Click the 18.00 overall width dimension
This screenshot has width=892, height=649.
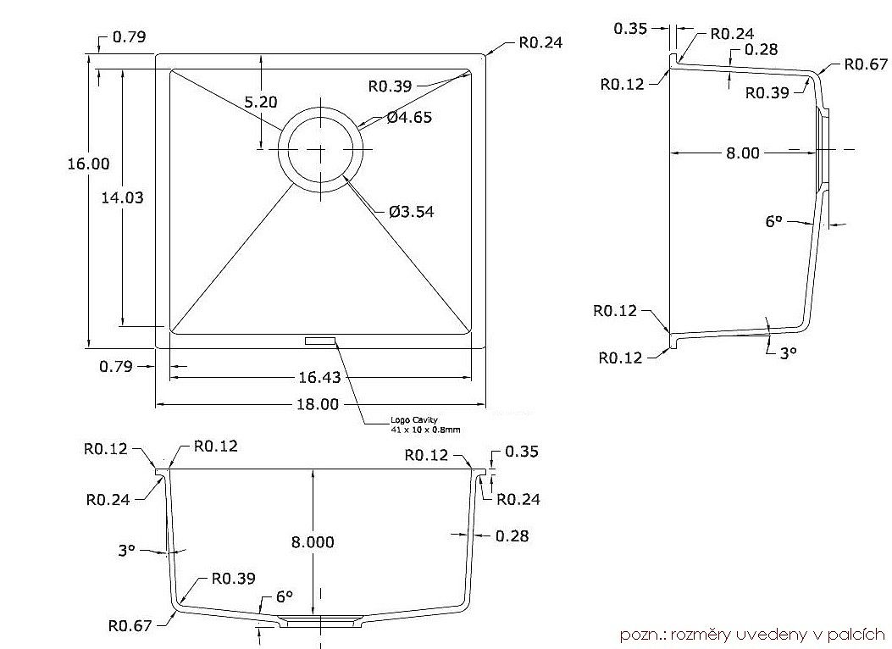coord(318,404)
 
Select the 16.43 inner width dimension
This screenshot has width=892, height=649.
coord(319,377)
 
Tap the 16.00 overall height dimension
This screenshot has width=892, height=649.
coord(88,164)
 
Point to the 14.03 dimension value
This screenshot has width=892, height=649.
coord(122,198)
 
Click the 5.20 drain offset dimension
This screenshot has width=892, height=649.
coord(261,102)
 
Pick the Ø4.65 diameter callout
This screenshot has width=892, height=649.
coord(410,117)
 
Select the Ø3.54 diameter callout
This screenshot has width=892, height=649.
coord(412,212)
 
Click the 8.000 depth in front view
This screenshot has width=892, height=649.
coord(313,542)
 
